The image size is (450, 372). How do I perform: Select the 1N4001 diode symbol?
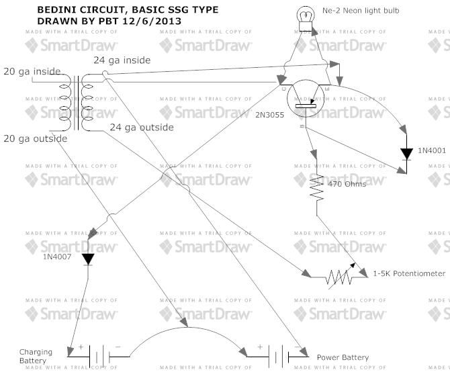pos(406,153)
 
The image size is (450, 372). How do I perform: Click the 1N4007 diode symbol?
pos(88,259)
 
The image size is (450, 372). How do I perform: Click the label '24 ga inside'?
pos(122,60)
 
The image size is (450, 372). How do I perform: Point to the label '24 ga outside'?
pos(142,127)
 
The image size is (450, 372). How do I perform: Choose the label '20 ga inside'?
pos(32,71)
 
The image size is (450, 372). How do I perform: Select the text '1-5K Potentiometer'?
pos(409,274)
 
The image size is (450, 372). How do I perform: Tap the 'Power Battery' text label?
pos(343,358)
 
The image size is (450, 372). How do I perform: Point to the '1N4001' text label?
pos(432,150)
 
